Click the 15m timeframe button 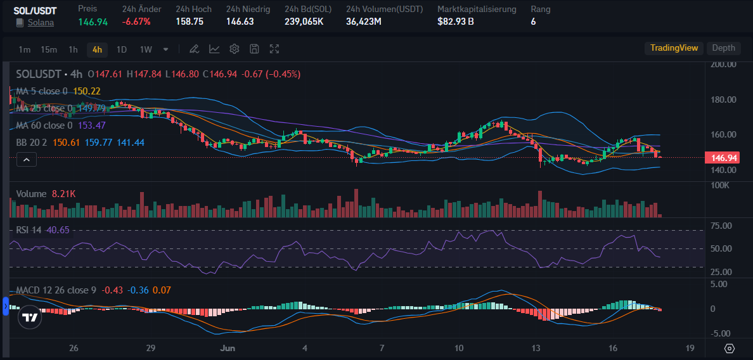(x=49, y=49)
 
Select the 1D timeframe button (x=122, y=49)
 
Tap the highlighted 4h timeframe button (x=97, y=49)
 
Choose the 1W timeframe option (x=146, y=49)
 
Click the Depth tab (x=723, y=48)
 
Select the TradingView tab (x=674, y=48)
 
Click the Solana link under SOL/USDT (x=41, y=22)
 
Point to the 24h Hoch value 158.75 (x=190, y=22)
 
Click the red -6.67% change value (x=136, y=22)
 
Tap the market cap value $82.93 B (x=455, y=22)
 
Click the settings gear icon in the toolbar (x=235, y=49)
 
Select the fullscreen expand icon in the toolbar (x=274, y=49)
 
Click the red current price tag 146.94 (x=721, y=157)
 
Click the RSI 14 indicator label (x=29, y=229)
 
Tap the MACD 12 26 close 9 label (x=56, y=290)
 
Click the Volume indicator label (x=31, y=194)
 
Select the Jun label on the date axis (x=227, y=348)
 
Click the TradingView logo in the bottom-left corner (x=29, y=318)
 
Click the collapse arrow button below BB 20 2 (x=27, y=160)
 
